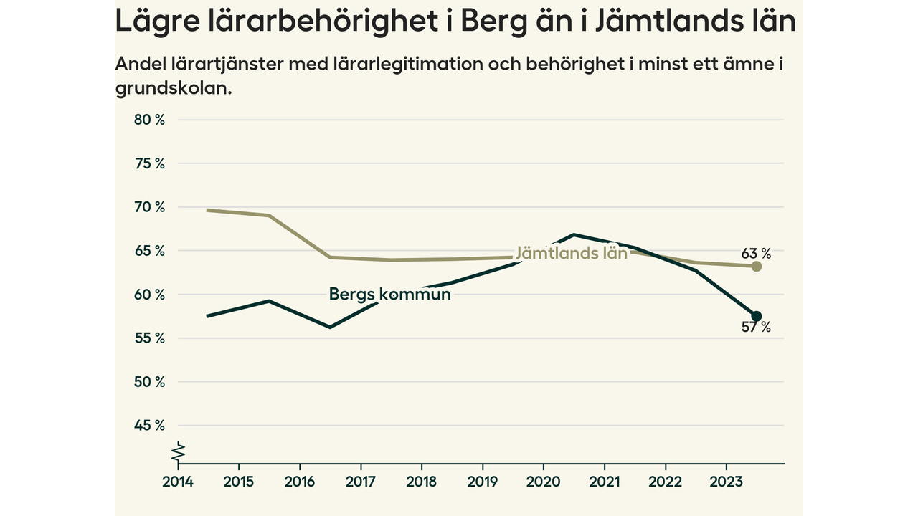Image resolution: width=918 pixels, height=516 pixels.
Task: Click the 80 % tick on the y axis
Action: click(x=149, y=120)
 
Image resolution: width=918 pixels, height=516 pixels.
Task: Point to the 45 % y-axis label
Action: click(x=149, y=426)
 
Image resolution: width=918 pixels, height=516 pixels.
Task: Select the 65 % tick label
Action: click(x=149, y=251)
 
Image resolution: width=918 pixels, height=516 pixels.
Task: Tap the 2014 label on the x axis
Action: click(x=176, y=482)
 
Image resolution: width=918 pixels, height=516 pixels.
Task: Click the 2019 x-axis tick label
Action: click(x=483, y=482)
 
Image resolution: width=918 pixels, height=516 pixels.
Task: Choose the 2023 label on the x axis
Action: click(x=725, y=482)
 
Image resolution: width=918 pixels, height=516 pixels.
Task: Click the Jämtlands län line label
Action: click(x=572, y=253)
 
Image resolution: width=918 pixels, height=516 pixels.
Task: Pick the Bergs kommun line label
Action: click(x=389, y=294)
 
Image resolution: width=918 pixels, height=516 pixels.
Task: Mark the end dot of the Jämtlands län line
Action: click(x=756, y=266)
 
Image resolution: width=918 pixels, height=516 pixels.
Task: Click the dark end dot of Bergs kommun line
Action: click(x=756, y=316)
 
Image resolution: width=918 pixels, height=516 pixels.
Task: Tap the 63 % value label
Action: click(x=756, y=253)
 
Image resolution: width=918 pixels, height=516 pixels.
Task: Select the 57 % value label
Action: click(x=756, y=328)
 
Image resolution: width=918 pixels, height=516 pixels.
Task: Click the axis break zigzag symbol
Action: click(x=178, y=453)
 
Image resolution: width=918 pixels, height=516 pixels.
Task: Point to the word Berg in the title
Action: click(x=491, y=21)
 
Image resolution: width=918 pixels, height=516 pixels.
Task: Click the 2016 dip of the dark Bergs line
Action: click(x=330, y=327)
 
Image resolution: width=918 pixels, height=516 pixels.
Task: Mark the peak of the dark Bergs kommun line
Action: click(x=574, y=234)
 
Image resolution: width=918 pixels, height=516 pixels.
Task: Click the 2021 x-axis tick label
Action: click(x=604, y=482)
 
